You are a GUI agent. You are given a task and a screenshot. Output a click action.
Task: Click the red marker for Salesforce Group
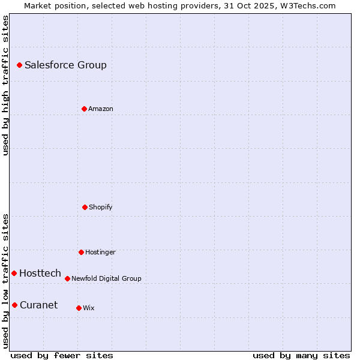click(19, 65)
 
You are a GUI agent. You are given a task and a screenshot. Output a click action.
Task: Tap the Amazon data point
click(84, 109)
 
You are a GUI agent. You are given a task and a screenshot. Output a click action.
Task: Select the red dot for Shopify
click(85, 207)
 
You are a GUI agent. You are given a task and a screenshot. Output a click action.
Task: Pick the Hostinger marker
click(81, 252)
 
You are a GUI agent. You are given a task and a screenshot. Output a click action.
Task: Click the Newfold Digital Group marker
click(67, 278)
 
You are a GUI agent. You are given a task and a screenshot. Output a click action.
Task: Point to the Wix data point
click(79, 308)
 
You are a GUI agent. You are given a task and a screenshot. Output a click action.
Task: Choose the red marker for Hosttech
click(14, 273)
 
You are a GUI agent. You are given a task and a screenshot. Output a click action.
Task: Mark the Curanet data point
click(14, 305)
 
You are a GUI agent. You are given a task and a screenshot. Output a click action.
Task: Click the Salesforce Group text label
click(65, 65)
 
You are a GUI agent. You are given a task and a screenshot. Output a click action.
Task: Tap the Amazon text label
click(101, 109)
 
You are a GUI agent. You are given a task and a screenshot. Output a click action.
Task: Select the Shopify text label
click(101, 207)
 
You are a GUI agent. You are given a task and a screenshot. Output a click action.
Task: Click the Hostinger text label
click(100, 252)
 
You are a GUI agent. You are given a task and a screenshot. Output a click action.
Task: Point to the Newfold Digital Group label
click(106, 278)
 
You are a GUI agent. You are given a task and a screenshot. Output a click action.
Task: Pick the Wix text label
click(89, 308)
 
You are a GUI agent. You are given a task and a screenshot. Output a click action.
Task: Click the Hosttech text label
click(40, 273)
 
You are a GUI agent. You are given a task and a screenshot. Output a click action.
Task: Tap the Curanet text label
click(38, 305)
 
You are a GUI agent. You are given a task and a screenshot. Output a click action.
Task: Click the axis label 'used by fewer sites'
click(62, 355)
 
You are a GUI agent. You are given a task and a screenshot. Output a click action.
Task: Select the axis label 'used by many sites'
click(301, 355)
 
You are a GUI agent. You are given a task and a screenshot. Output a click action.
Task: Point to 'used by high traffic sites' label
click(5, 85)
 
